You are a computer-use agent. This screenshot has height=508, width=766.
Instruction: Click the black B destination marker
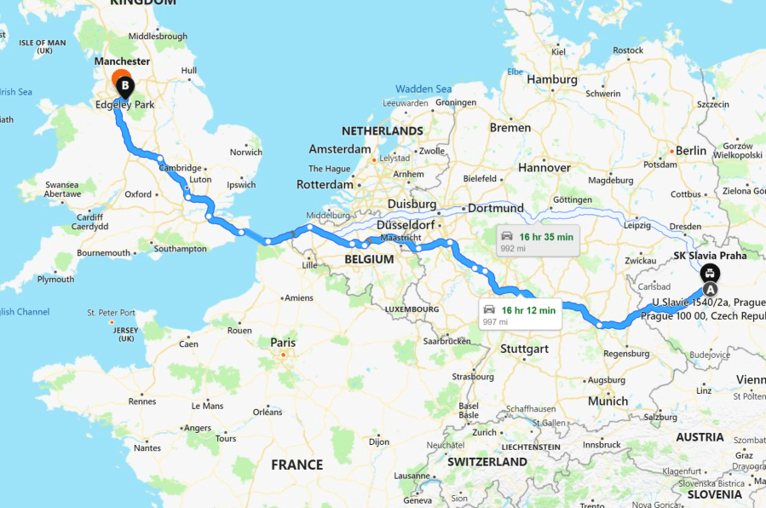[125, 86]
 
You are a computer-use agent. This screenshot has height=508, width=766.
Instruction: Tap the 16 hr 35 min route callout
[538, 241]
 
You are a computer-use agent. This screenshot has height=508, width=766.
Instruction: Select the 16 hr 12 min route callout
[518, 315]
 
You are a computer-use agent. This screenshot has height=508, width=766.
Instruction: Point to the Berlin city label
[690, 151]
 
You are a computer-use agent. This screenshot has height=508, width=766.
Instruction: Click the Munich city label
[608, 400]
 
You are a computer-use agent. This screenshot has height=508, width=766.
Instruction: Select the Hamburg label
[553, 79]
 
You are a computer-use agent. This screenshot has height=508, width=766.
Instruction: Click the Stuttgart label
[524, 349]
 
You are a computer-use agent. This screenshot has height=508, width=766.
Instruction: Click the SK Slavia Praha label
[710, 255]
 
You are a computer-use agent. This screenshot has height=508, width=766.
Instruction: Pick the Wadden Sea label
[423, 89]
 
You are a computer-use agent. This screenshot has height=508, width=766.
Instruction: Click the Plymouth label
[55, 279]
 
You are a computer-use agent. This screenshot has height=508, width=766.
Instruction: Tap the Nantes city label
[147, 447]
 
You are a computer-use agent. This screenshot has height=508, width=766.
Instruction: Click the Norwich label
[246, 153]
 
